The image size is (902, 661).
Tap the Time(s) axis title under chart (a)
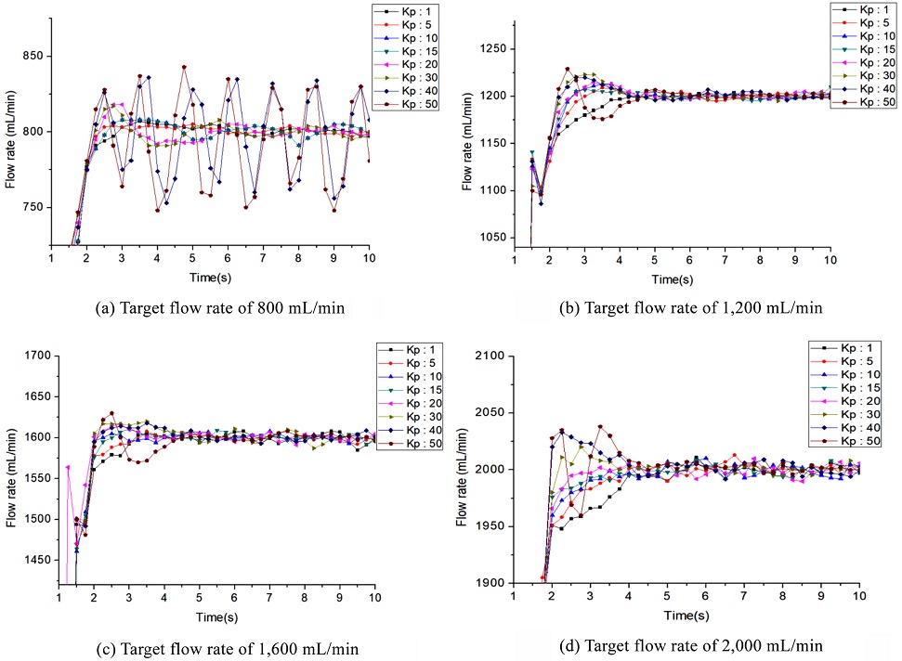[211, 276]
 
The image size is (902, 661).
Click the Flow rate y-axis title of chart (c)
[11, 472]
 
